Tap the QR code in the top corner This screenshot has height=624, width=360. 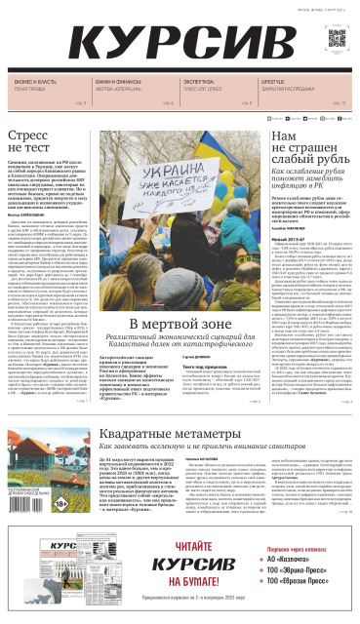pyautogui.click(x=337, y=39)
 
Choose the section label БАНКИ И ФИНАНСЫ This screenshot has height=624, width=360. pyautogui.click(x=116, y=82)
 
